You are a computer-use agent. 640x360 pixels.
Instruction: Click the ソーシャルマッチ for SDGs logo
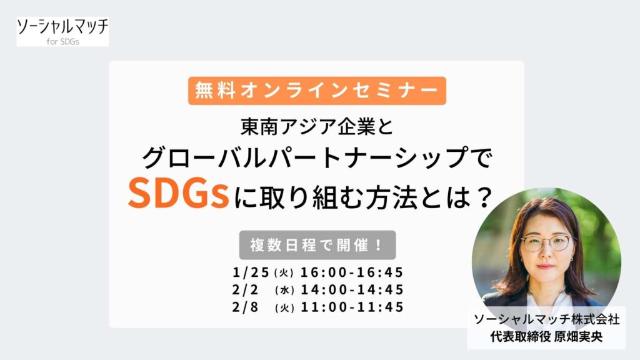63,31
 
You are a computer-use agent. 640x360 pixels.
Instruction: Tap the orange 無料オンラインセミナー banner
317,91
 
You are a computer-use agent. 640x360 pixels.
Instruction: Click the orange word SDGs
178,194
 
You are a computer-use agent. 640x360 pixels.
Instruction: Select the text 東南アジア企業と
317,126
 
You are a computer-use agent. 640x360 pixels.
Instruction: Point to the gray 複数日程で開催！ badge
317,245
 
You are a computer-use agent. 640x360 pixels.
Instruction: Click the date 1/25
251,272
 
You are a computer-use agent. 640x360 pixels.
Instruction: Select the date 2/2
245,290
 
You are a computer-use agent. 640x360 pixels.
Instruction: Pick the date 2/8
245,307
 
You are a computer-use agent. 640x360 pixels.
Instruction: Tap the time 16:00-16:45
352,272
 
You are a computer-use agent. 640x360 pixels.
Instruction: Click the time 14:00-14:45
352,290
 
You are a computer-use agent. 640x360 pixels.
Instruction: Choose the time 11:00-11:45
352,307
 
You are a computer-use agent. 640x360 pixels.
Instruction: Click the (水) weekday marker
284,290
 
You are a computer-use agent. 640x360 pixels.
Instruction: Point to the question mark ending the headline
485,197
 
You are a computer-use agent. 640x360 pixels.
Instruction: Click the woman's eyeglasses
547,244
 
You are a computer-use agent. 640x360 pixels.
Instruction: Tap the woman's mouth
545,266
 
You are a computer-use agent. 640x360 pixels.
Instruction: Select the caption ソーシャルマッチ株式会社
546,319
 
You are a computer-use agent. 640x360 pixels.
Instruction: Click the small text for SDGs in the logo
63,41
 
